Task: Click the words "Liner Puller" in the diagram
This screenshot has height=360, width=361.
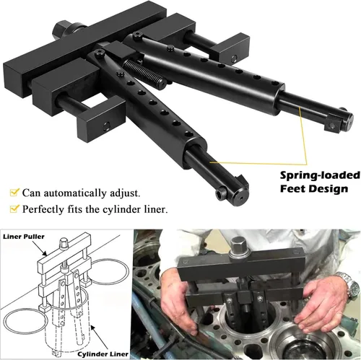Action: pyautogui.click(x=24, y=237)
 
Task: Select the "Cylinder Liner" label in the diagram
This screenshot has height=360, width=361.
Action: pyautogui.click(x=103, y=354)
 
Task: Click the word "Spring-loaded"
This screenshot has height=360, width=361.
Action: pyautogui.click(x=320, y=176)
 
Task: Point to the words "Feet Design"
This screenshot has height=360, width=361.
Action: pyautogui.click(x=314, y=189)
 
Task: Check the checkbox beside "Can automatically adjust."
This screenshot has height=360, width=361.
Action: pyautogui.click(x=14, y=192)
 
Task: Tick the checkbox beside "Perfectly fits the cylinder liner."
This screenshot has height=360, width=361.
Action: pyautogui.click(x=14, y=208)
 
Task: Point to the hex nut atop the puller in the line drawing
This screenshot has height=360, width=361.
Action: pyautogui.click(x=64, y=242)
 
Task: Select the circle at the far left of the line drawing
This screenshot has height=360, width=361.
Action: pyautogui.click(x=25, y=322)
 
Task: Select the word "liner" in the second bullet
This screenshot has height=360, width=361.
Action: pyautogui.click(x=155, y=209)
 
